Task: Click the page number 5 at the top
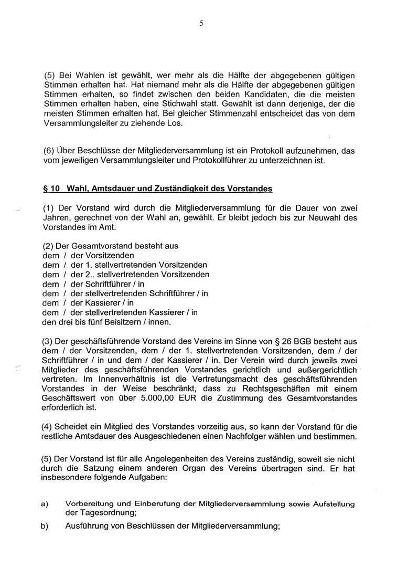201,23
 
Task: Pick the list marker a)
45,503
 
